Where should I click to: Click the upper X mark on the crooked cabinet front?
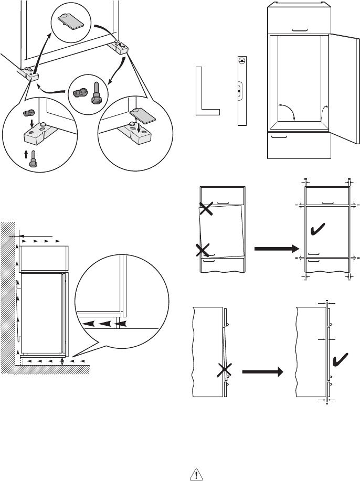206,209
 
